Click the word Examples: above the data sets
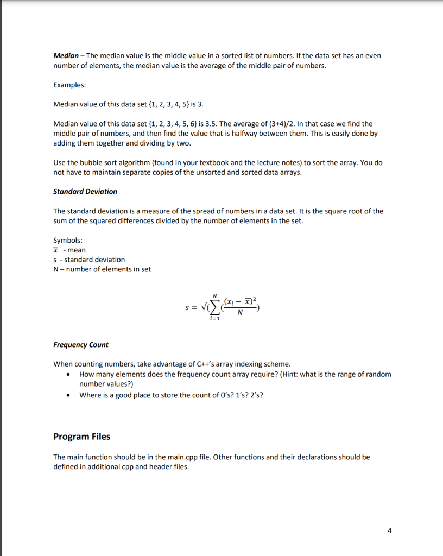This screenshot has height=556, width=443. [69, 85]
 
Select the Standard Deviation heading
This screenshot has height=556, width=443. [85, 192]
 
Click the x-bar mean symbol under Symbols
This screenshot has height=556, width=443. [56, 250]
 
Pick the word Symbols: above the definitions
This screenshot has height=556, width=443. [68, 241]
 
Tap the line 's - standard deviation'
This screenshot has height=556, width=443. [89, 260]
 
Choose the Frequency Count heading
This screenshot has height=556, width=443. [81, 345]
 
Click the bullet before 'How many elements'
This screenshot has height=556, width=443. [67, 375]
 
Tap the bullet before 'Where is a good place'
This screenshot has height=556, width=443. [67, 395]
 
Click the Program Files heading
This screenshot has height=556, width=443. [82, 437]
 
